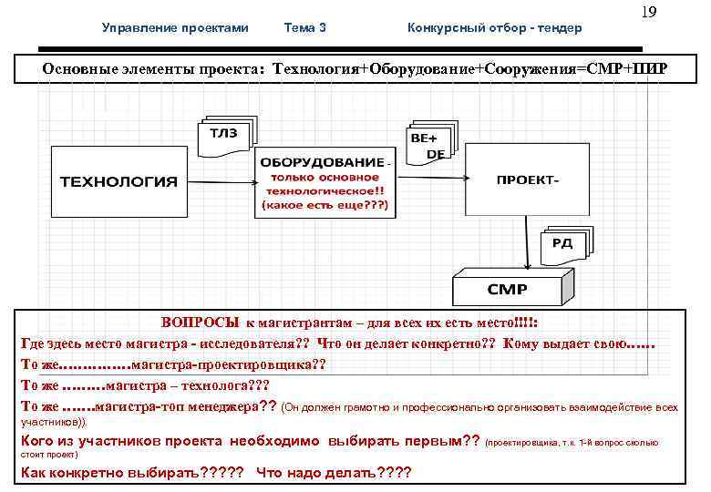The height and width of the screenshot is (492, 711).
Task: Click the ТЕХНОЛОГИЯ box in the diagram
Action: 118,181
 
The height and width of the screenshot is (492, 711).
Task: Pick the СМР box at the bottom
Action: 507,288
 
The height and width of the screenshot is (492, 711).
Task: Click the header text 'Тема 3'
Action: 305,28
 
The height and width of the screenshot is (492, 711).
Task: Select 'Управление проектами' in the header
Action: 175,28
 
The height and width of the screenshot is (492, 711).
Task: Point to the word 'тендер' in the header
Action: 558,28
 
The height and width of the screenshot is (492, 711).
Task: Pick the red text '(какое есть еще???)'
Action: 325,206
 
